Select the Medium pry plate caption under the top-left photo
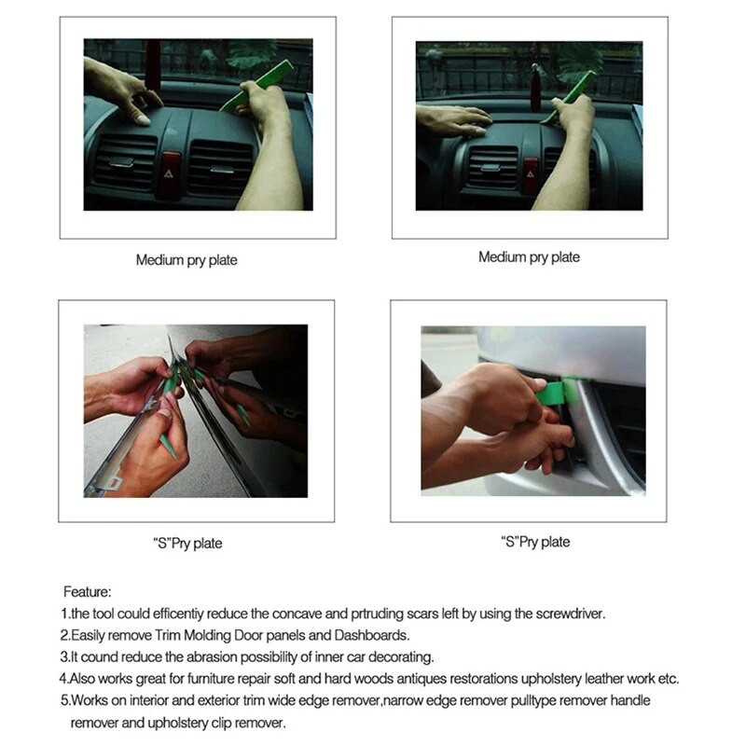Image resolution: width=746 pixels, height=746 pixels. coord(186,260)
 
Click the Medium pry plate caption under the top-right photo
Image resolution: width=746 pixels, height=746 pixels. coord(529,257)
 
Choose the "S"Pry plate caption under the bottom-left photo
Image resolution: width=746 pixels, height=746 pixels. coord(187,543)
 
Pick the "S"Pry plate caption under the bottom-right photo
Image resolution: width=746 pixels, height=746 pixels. coord(535,542)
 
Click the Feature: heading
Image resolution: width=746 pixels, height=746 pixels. coord(88,591)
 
